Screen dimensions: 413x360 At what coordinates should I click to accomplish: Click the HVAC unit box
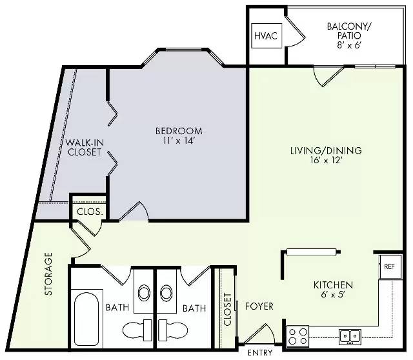267,35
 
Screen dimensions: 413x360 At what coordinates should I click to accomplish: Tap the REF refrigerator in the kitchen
390,266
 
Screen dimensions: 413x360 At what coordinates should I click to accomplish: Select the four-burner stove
297,336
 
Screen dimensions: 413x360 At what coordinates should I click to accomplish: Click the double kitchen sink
350,336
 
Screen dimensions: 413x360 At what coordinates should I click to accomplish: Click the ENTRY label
260,353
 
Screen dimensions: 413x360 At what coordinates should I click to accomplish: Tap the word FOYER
259,306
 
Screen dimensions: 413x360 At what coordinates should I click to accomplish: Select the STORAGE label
48,274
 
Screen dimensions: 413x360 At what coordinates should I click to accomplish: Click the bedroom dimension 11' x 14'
179,141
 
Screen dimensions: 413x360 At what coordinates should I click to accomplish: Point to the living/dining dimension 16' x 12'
326,160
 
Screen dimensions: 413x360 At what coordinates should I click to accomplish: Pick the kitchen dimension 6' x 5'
333,294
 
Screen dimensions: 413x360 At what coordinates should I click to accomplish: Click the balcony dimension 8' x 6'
348,45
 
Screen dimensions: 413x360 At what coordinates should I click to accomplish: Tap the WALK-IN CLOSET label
85,147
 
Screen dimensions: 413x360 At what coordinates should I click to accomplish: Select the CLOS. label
90,212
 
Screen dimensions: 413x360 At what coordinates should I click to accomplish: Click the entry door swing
259,334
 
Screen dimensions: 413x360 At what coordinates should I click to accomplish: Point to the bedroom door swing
134,211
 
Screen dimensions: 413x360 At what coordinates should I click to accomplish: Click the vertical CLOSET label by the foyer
227,310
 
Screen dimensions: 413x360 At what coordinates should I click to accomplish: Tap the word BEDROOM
179,131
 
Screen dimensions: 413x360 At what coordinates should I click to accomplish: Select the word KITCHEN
333,285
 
